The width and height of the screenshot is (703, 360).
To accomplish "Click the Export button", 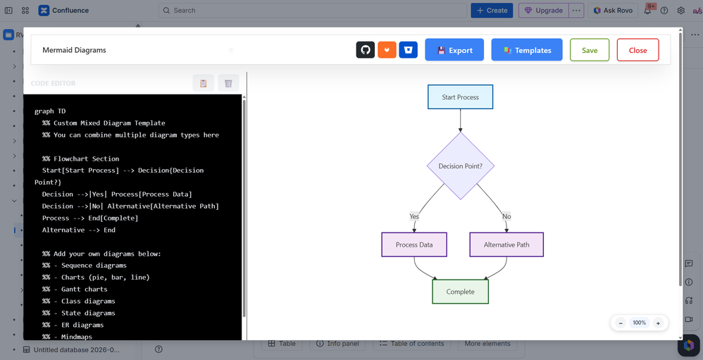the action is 454,50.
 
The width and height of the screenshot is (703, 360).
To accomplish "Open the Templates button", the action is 527,50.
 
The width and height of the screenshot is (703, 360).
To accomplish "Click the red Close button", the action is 637,50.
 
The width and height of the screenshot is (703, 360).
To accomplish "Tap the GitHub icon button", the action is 366,50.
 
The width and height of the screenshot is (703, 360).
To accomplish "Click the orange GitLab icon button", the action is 387,50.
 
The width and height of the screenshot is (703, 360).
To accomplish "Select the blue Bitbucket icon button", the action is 409,50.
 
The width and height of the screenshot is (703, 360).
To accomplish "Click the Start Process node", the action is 461,97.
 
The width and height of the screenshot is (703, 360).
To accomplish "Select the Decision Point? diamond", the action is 461,166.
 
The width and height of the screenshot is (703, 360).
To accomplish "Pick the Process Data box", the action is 414,244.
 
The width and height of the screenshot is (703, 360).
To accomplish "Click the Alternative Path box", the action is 506,244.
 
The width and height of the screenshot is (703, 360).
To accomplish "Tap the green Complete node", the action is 461,292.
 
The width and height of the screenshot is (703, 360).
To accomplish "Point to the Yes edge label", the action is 414,216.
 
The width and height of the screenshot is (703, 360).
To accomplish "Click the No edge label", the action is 506,216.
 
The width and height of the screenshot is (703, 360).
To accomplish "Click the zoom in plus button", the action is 658,323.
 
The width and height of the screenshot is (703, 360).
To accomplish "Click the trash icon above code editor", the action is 228,83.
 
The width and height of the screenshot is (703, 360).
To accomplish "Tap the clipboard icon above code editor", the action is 203,83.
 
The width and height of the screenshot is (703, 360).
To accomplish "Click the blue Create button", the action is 492,11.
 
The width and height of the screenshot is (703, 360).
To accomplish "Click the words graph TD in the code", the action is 50,111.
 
